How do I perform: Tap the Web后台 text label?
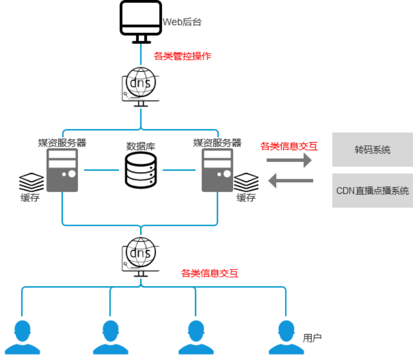tap(182, 22)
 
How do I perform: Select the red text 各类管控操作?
tap(183, 56)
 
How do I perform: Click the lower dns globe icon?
tap(140, 254)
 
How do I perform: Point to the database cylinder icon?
tap(141, 170)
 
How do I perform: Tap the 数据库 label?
tap(141, 147)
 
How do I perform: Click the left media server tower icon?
tap(62, 170)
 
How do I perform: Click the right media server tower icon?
tap(217, 170)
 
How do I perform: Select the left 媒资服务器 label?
tap(62, 143)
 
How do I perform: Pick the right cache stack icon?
tap(246, 182)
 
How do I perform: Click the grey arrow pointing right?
tap(289, 160)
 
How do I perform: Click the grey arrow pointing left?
tap(291, 180)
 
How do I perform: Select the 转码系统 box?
tap(373, 150)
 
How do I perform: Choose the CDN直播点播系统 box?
tap(373, 190)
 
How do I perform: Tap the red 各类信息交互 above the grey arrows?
tap(289, 146)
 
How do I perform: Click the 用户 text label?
tap(312, 338)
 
